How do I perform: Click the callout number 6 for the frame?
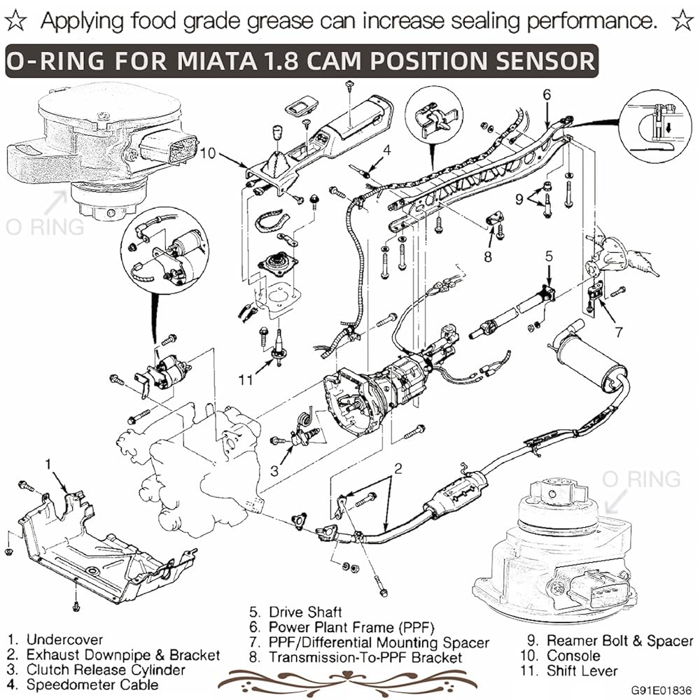tap(547, 95)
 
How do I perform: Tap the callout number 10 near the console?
tap(208, 153)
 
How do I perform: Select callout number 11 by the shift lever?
tap(246, 380)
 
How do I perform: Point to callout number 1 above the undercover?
tap(49, 465)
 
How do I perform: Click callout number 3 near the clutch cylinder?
tap(274, 470)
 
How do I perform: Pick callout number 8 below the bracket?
tap(488, 257)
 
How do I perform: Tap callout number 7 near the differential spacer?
tap(619, 332)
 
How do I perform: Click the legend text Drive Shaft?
tap(305, 612)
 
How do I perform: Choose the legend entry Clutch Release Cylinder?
tap(106, 670)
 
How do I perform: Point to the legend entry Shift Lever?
tap(582, 671)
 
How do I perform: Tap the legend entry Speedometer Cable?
tap(92, 685)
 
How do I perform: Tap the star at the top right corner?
tap(682, 20)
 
